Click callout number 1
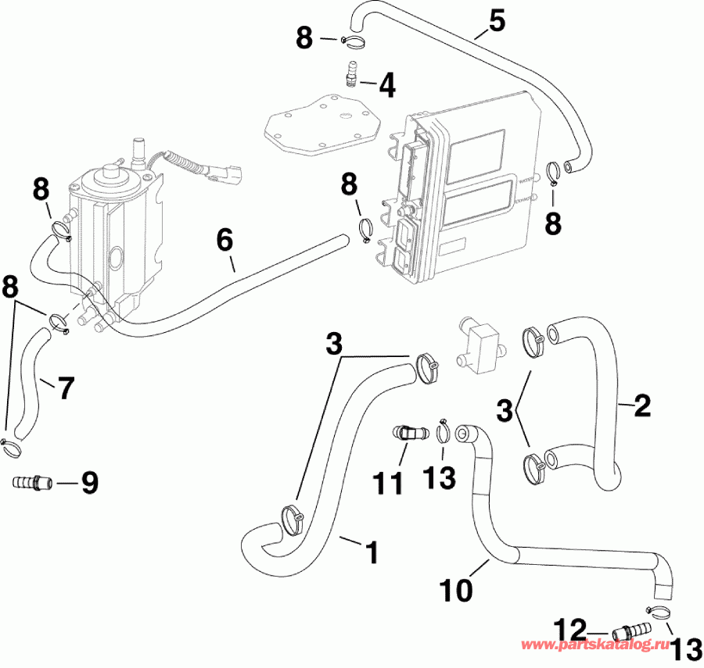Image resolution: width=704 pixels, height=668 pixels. [x=372, y=552]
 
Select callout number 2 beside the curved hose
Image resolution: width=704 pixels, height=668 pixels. [x=641, y=404]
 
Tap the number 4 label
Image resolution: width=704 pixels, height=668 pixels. [x=386, y=85]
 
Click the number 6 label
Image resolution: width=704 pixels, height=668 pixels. [x=224, y=241]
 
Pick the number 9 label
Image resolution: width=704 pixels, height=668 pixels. [x=89, y=484]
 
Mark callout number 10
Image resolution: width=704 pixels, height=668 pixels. [x=456, y=590]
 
